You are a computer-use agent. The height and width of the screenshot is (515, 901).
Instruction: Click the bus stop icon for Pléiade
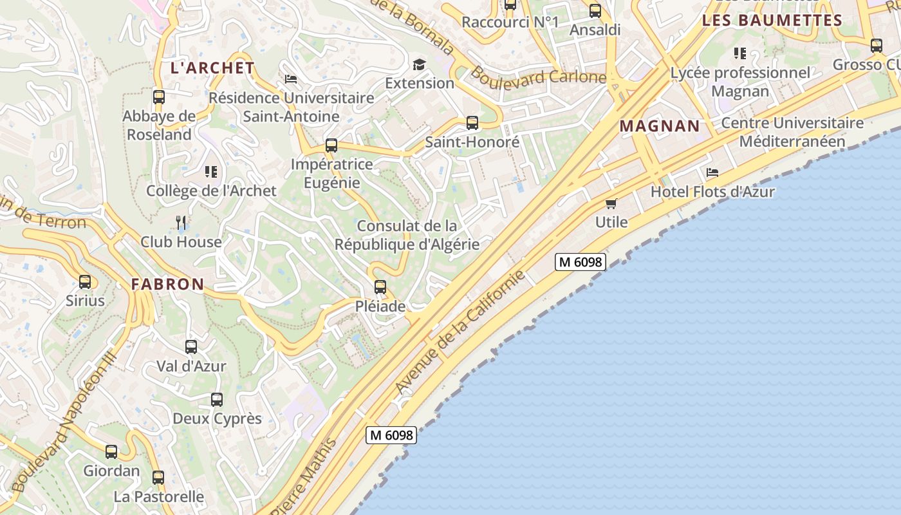(380, 287)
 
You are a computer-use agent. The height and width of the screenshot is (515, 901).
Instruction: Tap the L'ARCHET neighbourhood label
(212, 68)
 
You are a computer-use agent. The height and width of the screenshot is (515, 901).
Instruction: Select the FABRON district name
(168, 284)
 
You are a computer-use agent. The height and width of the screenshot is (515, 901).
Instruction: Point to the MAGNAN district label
(660, 126)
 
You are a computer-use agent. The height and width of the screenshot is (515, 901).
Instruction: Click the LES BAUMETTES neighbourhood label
(772, 21)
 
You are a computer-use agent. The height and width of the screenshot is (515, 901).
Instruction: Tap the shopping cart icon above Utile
(611, 203)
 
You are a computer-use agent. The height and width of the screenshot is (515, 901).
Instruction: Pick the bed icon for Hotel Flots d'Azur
(712, 173)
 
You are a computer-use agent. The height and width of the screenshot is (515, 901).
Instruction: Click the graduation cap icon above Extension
(420, 64)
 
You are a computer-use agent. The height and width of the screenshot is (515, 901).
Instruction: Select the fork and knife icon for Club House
(181, 223)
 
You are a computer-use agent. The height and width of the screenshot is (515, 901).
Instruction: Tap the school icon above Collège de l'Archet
(211, 171)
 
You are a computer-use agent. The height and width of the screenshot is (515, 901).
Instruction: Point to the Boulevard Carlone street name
(538, 76)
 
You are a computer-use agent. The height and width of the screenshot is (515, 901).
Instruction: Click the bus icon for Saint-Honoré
(472, 122)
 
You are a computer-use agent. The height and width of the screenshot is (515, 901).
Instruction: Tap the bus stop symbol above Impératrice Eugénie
(331, 145)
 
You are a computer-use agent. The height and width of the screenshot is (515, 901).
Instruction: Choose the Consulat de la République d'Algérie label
(407, 235)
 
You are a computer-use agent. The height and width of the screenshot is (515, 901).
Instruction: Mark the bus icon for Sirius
(85, 281)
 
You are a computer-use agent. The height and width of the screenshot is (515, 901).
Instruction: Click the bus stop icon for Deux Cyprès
(217, 399)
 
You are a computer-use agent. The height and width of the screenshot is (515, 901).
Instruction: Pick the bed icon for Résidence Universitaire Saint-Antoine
(291, 79)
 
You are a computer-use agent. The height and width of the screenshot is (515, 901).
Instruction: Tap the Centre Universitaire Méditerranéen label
(792, 132)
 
